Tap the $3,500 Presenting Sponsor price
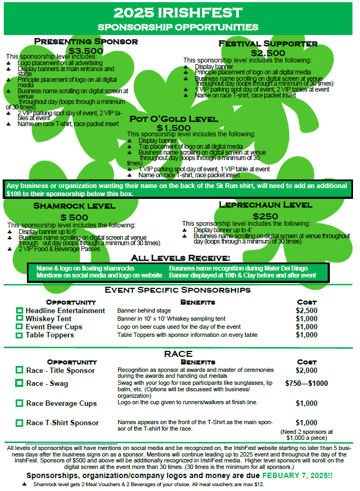coord(86,51)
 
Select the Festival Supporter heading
coord(268,44)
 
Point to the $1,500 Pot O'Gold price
coord(174,128)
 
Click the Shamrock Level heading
coord(74,206)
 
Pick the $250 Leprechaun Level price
coord(265,216)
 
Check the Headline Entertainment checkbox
coord(19,311)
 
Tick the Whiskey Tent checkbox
coord(19,319)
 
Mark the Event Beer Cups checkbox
coord(19,327)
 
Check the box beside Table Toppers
coord(19,335)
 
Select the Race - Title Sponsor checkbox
coord(19,370)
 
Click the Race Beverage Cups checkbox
coord(19,403)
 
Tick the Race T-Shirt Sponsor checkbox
coord(19,423)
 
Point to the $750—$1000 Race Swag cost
coord(307,384)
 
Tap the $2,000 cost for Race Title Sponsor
coord(307,370)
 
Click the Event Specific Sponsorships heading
coord(178,290)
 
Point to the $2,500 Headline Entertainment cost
coord(307,311)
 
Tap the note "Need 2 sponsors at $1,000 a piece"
coord(307,435)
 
